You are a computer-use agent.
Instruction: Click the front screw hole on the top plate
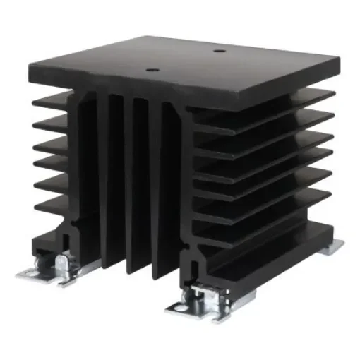[x=150, y=70]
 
